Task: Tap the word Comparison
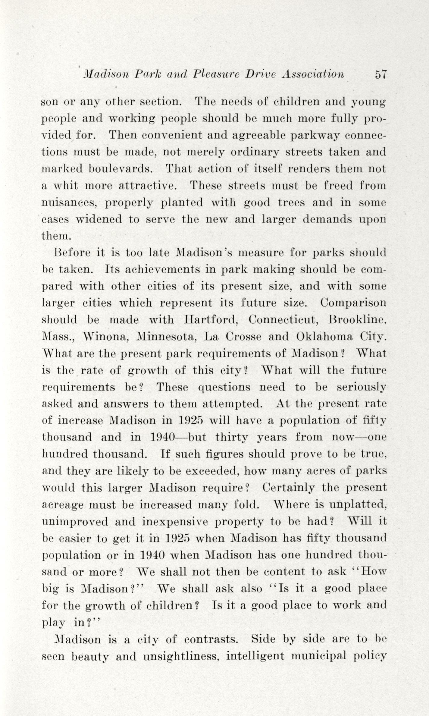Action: point(353,303)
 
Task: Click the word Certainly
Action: point(289,487)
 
